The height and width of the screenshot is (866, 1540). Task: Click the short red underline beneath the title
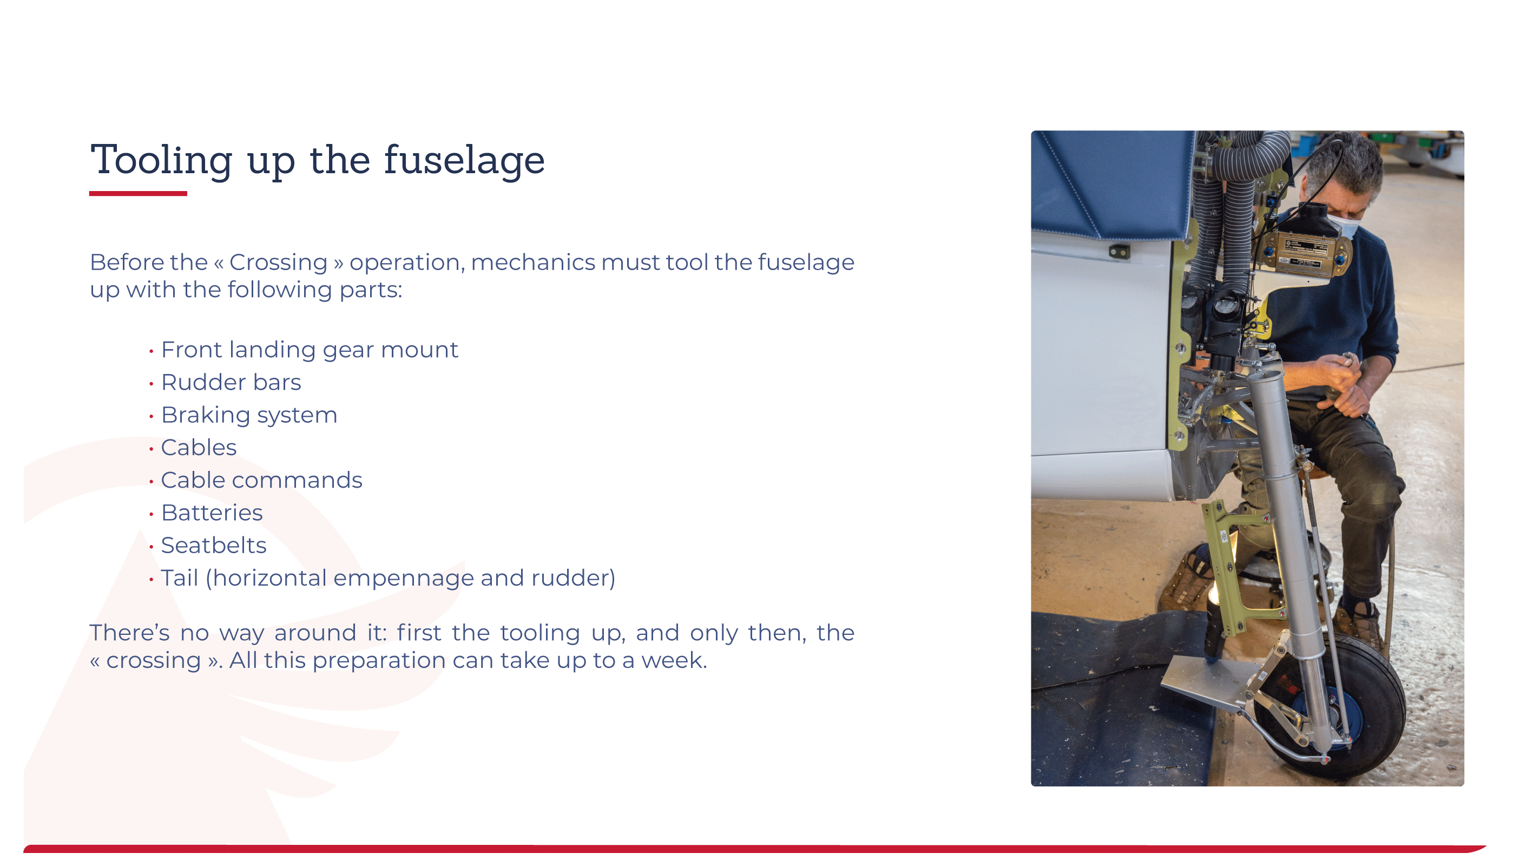point(138,194)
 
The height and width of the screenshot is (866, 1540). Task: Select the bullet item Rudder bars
point(231,382)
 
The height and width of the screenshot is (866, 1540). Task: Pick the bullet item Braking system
point(249,415)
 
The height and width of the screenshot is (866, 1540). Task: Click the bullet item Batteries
point(212,513)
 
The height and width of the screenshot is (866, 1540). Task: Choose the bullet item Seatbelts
point(213,546)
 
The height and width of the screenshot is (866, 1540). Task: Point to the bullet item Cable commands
point(261,480)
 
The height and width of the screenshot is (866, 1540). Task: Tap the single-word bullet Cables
point(199,448)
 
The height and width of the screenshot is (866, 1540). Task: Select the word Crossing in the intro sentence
point(278,263)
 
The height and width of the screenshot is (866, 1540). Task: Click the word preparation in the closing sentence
point(379,661)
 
